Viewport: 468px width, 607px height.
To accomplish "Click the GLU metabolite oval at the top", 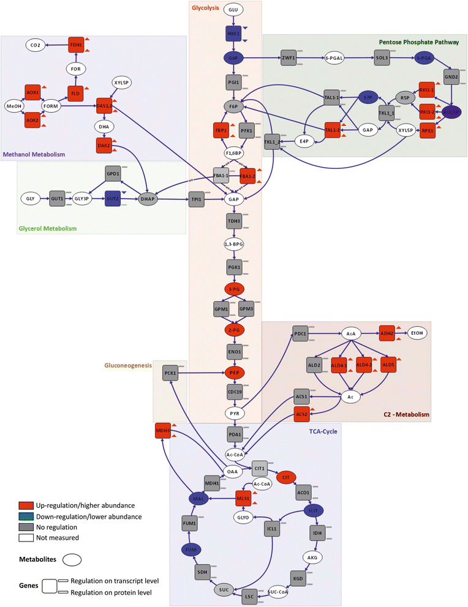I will (x=233, y=10).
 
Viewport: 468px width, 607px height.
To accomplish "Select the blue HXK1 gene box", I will (x=233, y=34).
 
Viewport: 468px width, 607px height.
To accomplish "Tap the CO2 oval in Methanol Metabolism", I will (x=37, y=45).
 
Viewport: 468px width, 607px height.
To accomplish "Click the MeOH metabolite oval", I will (x=15, y=105).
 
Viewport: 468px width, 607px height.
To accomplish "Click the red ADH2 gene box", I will (x=387, y=333).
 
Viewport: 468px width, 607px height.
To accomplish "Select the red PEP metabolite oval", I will (x=233, y=372).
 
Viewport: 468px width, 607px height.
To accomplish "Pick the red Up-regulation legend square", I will (x=25, y=505).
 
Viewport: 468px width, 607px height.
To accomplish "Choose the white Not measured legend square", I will (x=25, y=538).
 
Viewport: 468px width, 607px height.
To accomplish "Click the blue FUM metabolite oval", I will (x=191, y=549).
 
